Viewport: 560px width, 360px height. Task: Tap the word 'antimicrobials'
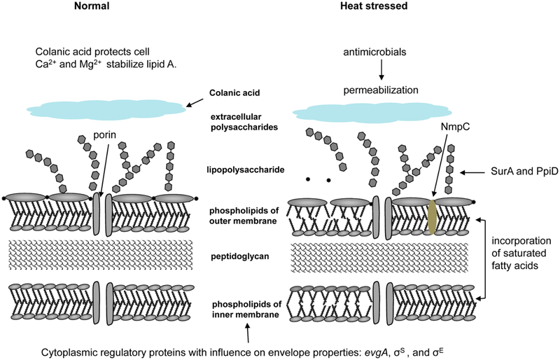point(379,53)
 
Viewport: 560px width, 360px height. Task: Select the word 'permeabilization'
point(380,90)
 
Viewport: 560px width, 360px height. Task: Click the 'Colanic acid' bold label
point(234,93)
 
